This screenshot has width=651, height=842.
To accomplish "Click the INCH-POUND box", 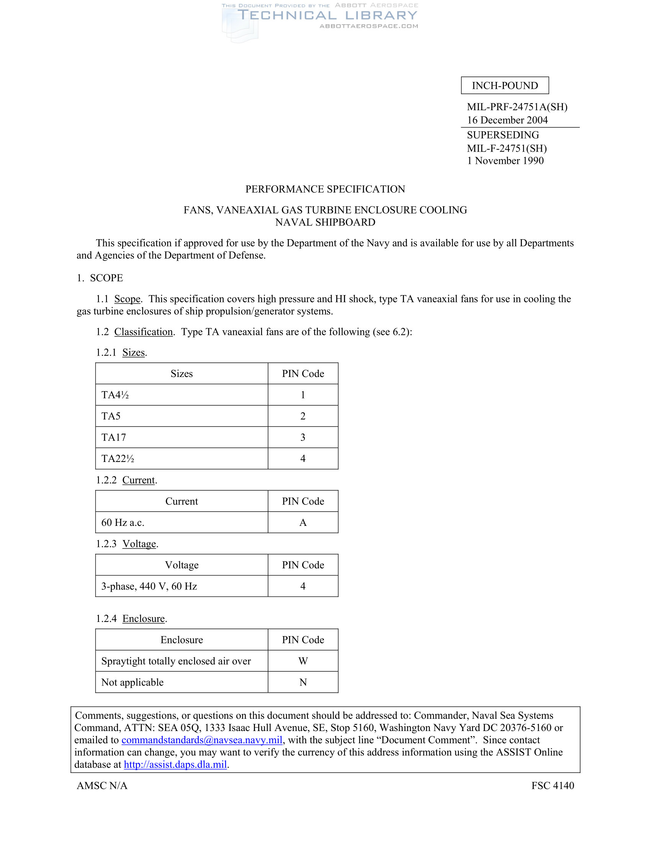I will point(504,86).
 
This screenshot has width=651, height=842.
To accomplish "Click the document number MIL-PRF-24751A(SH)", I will point(517,107).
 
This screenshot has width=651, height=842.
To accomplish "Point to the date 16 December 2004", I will point(507,120).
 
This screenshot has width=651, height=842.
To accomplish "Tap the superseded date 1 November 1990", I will point(505,161).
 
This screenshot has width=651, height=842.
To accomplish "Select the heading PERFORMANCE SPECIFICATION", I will point(325,189).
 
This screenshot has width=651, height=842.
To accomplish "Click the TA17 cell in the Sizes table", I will point(114,437).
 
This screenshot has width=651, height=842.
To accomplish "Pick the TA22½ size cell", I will point(118,459).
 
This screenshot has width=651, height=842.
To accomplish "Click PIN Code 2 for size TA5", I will point(303,416).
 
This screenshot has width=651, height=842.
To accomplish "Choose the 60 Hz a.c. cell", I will point(123,522).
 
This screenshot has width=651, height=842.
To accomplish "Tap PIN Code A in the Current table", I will point(303,522).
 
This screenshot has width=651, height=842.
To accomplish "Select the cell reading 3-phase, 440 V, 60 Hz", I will point(149,586).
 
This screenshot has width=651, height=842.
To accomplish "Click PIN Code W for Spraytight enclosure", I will point(303,661).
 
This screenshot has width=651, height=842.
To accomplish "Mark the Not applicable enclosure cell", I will point(132,682).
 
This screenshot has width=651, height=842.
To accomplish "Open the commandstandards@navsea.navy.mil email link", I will point(202,740).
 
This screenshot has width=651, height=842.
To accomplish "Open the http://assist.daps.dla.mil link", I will point(175,765).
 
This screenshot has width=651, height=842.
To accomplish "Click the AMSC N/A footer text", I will point(102,785).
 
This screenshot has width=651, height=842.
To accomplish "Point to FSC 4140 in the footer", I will point(552,785).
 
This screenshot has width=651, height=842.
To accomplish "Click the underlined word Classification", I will point(144,332).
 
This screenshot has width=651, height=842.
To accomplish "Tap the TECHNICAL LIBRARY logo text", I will point(327,15).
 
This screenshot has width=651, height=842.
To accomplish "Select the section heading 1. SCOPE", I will point(100,278).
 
